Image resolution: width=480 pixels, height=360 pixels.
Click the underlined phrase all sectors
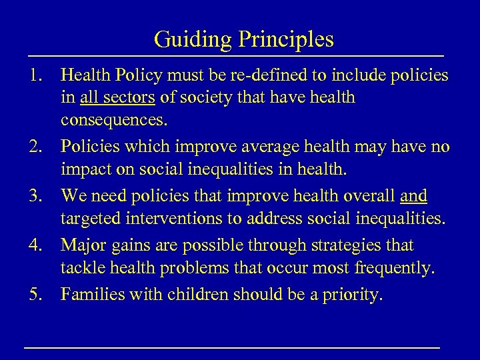pyautogui.click(x=117, y=98)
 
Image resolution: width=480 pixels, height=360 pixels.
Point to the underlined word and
pyautogui.click(x=415, y=197)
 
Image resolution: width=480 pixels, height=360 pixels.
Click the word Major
pyautogui.click(x=84, y=245)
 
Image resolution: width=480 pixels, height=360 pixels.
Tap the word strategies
pyautogui.click(x=340, y=245)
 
